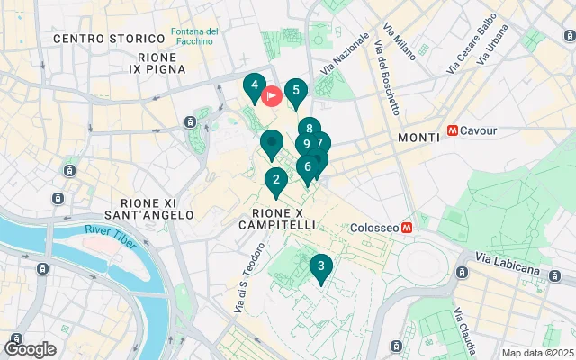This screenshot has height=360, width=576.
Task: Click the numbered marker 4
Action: pos(255,87)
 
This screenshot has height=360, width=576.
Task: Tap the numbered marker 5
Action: pos(295,92)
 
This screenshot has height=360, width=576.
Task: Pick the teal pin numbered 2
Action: pos(275,180)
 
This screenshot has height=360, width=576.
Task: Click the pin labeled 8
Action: pos(309,130)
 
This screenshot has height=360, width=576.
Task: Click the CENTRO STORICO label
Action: pos(99,39)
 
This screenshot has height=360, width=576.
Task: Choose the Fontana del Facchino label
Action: pos(193,38)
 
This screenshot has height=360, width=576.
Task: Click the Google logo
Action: pos(30,348)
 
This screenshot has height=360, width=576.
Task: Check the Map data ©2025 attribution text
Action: pos(536,353)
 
